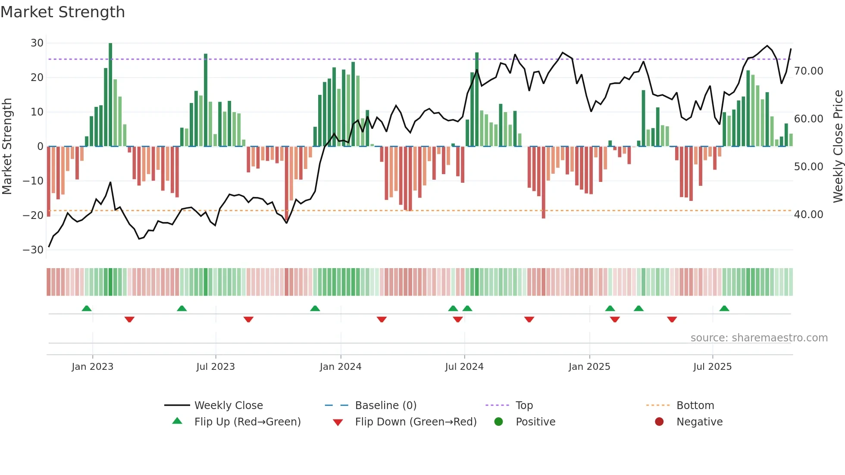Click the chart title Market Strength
[x=63, y=12]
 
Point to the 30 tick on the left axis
[x=37, y=43]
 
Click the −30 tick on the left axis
[x=34, y=250]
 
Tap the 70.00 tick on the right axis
[x=808, y=71]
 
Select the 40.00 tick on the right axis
[x=808, y=215]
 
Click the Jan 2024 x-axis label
[x=340, y=367]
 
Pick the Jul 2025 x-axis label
[x=712, y=367]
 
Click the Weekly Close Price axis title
[x=838, y=147]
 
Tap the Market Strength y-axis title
[x=7, y=147]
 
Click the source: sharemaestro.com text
[x=759, y=338]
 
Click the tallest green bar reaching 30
[x=110, y=95]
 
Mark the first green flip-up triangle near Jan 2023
[x=87, y=308]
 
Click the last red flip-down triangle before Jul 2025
[x=672, y=319]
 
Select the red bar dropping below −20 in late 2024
[x=543, y=183]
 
